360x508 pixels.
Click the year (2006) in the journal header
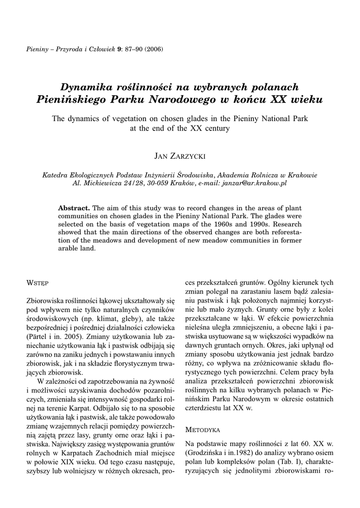point(153,49)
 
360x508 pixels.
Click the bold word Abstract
point(74,207)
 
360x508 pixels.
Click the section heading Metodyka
point(202,430)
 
